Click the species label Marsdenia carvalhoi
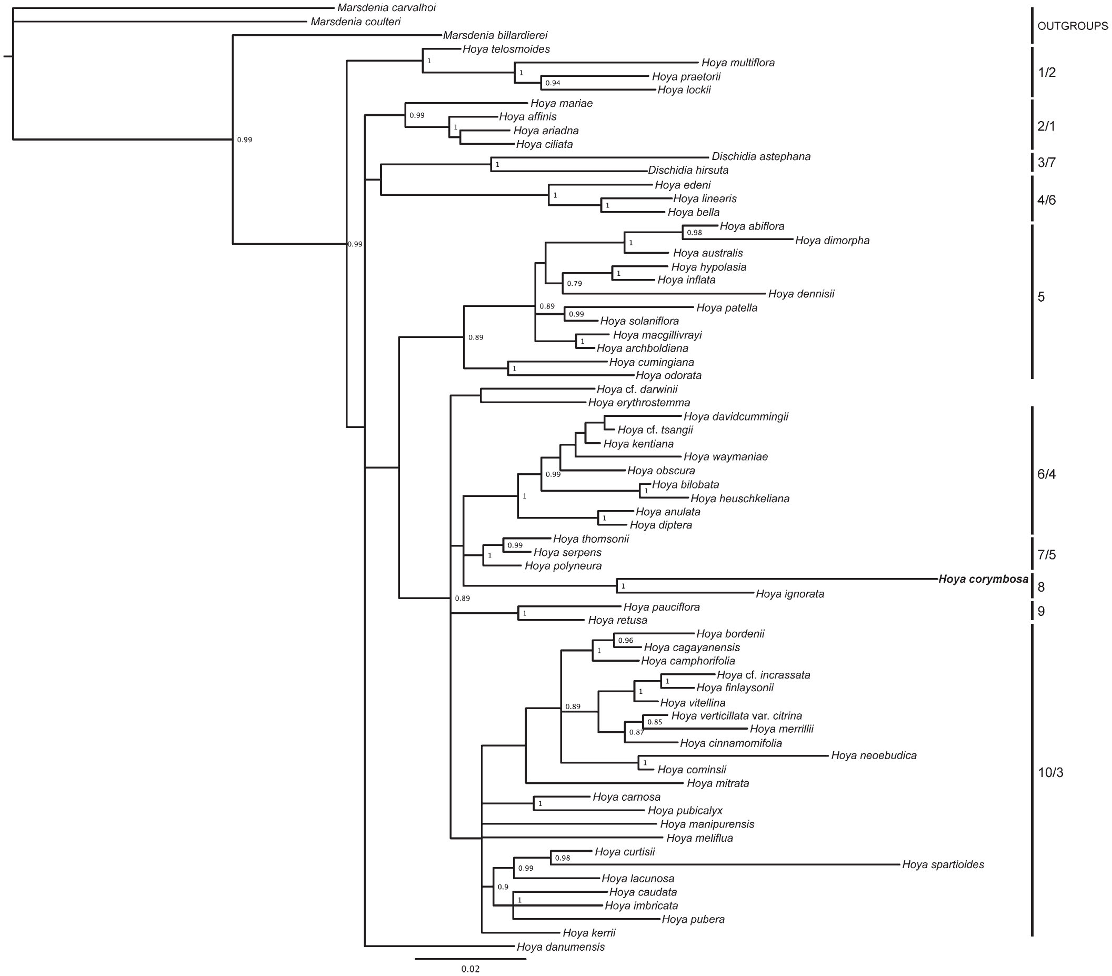point(386,7)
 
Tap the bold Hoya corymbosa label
point(983,579)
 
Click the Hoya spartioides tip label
point(943,864)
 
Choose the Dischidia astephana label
point(761,157)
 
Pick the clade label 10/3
point(1050,773)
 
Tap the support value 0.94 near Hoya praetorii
point(553,83)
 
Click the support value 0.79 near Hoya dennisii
point(575,284)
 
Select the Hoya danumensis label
point(561,947)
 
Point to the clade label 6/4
point(1047,474)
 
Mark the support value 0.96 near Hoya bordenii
point(626,641)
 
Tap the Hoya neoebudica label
point(874,755)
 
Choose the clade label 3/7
point(1047,162)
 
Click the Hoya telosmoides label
point(506,49)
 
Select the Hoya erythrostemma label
point(639,403)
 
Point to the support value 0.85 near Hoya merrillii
point(655,722)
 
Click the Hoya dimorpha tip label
point(833,241)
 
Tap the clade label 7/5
point(1047,555)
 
